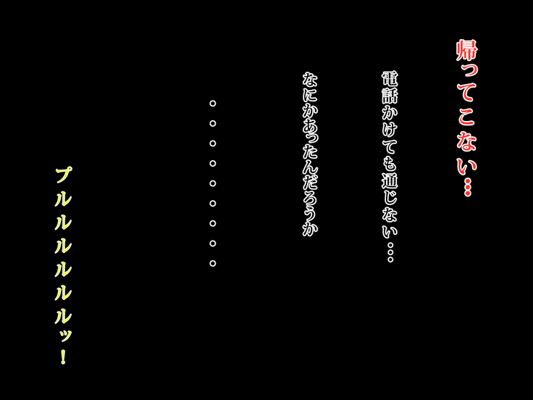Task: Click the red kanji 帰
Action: (x=467, y=51)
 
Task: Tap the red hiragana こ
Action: (x=467, y=117)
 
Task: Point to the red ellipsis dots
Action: (x=468, y=186)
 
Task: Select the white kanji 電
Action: (x=390, y=80)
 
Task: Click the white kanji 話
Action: (x=390, y=96)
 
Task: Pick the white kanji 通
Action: (x=390, y=180)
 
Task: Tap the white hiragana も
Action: (x=390, y=164)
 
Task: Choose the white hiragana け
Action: (x=390, y=130)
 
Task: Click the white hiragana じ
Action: (x=390, y=197)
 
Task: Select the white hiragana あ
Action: (x=310, y=129)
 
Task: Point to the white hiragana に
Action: (x=310, y=96)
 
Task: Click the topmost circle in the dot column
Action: (x=213, y=104)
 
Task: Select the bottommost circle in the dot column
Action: (x=213, y=263)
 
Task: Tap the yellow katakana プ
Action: (x=64, y=175)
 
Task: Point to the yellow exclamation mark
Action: (x=63, y=355)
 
